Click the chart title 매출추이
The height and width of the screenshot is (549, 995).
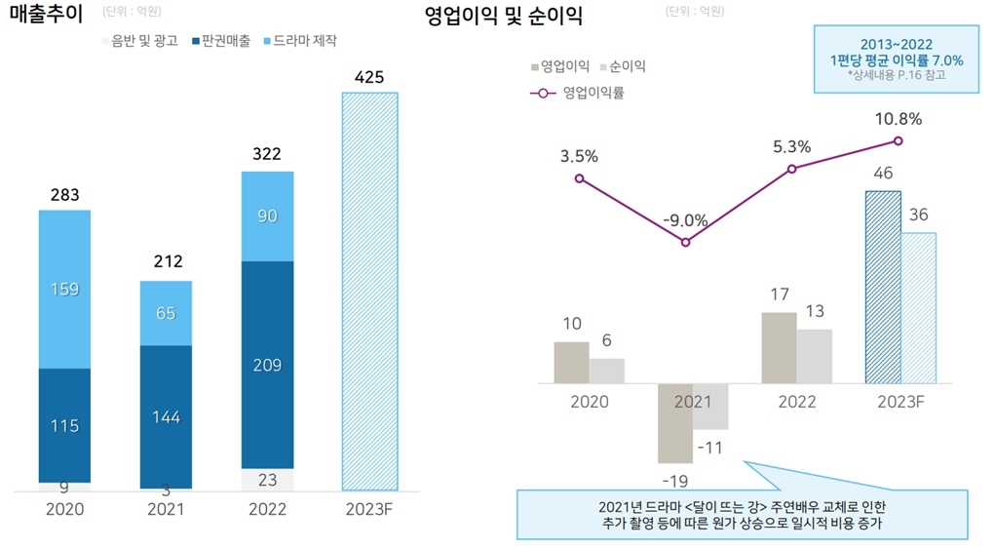[47, 16]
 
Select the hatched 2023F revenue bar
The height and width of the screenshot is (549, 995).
[369, 293]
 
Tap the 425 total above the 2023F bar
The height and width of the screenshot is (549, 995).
[368, 76]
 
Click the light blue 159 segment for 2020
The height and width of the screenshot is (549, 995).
[64, 289]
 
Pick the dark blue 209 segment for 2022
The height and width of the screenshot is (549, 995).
[267, 366]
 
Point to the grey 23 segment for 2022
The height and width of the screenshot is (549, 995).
[267, 480]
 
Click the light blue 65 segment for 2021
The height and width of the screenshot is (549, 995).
[166, 313]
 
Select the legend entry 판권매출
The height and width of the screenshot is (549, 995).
[223, 42]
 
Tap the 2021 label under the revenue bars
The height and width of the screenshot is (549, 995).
[166, 508]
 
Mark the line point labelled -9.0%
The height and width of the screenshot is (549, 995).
[686, 242]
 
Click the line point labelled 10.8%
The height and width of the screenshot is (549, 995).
[899, 140]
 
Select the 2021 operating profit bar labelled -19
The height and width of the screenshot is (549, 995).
[674, 423]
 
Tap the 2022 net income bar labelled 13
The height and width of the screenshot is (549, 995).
[814, 356]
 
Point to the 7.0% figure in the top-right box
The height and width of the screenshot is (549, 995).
[945, 60]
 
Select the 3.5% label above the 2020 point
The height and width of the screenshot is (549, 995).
[579, 155]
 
